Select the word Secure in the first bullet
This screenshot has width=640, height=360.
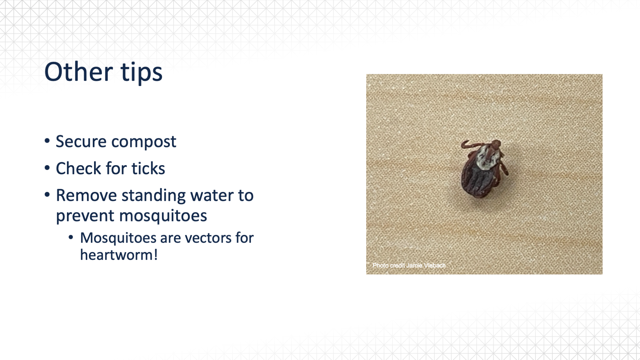(81, 142)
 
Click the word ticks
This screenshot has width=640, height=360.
(148, 168)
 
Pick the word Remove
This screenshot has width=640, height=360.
(86, 196)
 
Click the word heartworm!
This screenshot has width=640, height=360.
(119, 255)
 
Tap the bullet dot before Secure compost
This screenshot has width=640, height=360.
(47, 141)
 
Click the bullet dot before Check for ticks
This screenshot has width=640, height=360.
(47, 168)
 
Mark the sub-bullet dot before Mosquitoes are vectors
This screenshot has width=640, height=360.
(71, 238)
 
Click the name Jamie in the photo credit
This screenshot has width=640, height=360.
(414, 266)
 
